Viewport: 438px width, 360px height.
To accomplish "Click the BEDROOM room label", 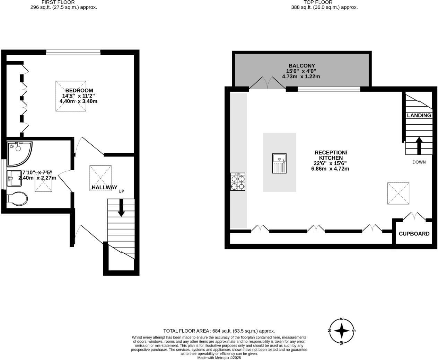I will click(x=79, y=90).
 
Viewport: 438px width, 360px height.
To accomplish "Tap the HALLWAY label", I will click(x=104, y=188).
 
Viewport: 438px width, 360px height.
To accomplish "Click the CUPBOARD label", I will click(x=414, y=234).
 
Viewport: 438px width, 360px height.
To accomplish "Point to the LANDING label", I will click(x=419, y=115).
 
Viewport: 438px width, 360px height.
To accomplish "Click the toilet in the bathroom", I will click(x=17, y=199).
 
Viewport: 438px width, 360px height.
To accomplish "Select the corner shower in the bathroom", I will click(x=19, y=153).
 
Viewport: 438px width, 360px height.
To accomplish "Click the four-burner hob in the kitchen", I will click(x=238, y=182).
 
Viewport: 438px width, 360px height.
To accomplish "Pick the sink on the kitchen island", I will click(x=279, y=163).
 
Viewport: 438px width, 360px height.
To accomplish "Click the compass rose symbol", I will click(x=342, y=331).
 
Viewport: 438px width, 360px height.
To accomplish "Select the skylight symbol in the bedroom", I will click(x=71, y=96).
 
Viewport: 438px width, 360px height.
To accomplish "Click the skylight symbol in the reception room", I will click(x=398, y=193).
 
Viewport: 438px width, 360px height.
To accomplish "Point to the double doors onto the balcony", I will click(x=267, y=83).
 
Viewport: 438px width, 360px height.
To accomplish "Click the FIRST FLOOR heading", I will click(x=58, y=2).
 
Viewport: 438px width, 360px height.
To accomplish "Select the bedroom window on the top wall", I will click(x=73, y=53).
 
